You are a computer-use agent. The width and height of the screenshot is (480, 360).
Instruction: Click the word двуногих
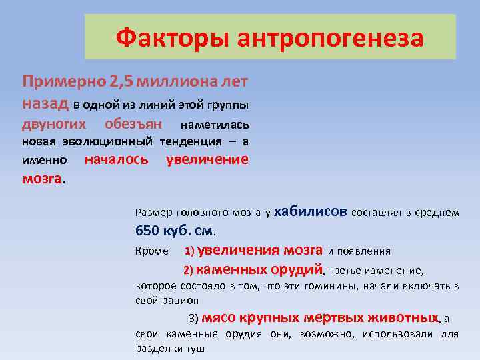point(54,124)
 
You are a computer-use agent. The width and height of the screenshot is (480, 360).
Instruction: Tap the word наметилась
point(215,125)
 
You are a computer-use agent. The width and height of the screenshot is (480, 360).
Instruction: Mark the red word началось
point(117,159)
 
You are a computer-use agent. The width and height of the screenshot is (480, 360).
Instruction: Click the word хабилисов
point(310,211)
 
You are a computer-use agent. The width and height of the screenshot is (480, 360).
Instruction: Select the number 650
point(148,231)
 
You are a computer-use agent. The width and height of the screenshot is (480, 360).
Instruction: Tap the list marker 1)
point(189,252)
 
